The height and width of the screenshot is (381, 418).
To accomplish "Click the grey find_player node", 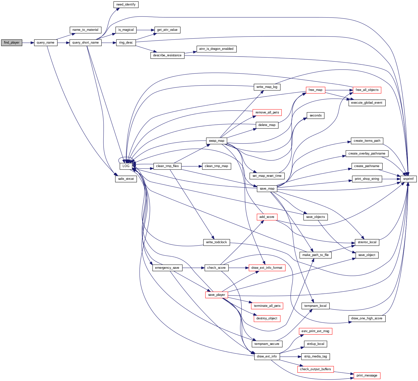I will (x=12, y=43).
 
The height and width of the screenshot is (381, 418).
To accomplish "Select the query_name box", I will (x=45, y=43).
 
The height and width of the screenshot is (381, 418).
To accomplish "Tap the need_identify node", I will (x=126, y=5).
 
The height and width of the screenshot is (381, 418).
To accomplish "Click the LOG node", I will (x=126, y=166).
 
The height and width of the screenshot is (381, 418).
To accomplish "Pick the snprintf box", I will (x=408, y=179).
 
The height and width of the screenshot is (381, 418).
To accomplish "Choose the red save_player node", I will (x=216, y=295).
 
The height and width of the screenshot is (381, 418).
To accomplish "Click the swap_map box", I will (x=216, y=141).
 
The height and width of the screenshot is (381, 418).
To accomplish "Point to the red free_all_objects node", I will (x=367, y=90).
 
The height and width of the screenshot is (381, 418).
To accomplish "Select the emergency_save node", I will (x=167, y=268).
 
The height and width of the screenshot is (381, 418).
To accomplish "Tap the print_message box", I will (x=367, y=375).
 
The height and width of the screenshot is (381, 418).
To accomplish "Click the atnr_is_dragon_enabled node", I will (x=216, y=49).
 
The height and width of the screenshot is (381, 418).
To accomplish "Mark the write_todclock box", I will (x=216, y=242).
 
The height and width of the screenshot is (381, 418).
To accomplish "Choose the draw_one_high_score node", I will (x=367, y=318).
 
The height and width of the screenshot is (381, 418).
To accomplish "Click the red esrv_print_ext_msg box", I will (x=315, y=331).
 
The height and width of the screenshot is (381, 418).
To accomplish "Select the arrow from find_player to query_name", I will (x=28, y=43).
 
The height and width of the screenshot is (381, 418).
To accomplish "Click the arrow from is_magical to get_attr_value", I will (x=145, y=30).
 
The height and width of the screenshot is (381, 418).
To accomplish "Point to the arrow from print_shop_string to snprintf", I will (x=391, y=179).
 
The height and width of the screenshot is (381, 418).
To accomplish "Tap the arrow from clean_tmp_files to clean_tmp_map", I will (x=192, y=166).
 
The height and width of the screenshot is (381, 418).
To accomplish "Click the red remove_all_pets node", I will (x=267, y=112).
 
